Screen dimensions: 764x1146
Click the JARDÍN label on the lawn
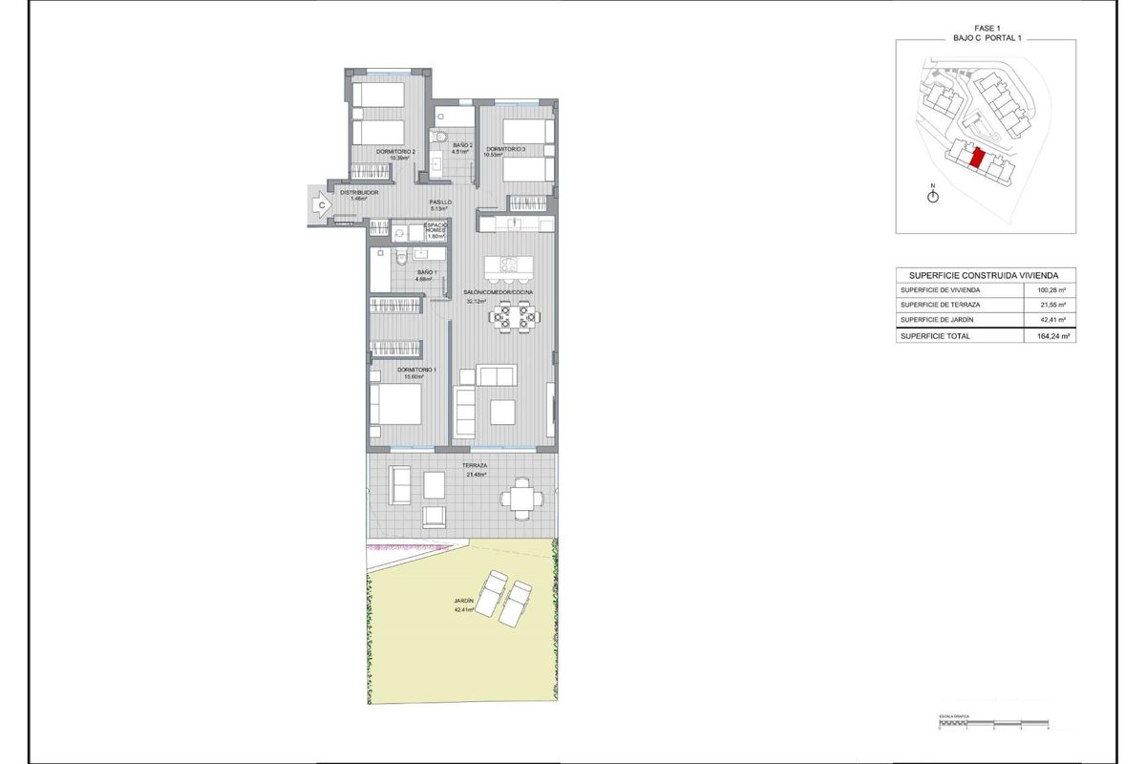464,601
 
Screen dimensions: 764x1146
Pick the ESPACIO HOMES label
436,228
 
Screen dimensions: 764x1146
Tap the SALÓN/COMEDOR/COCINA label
498,292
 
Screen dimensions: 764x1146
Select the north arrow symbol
933,195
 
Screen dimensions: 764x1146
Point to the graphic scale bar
993,723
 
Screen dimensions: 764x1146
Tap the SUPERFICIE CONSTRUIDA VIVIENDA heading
986,273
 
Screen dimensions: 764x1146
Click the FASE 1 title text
986,27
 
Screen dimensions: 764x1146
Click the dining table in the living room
514,316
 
